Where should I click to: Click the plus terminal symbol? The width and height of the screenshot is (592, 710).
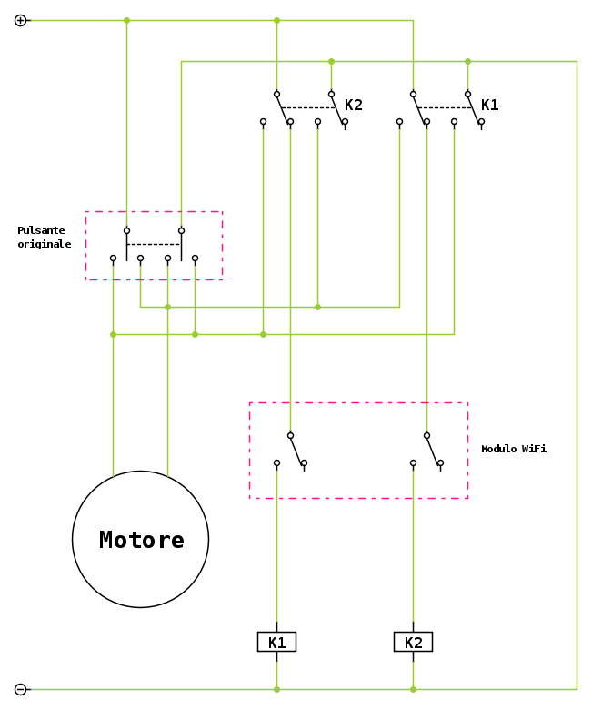(x=20, y=20)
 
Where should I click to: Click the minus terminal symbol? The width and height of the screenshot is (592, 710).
(x=20, y=689)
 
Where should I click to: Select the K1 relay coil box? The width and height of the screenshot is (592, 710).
(x=276, y=642)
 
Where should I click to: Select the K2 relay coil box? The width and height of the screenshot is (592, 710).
(x=413, y=642)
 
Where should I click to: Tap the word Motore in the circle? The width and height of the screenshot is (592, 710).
(x=141, y=540)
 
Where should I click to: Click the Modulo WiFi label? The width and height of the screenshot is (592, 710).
(x=514, y=449)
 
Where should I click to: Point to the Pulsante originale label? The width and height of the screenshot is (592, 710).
(x=44, y=238)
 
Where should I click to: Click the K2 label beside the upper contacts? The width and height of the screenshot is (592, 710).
(x=353, y=105)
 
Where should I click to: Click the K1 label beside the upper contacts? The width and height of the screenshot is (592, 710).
(x=489, y=105)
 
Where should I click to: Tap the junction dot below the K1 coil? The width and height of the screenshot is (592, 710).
(x=276, y=689)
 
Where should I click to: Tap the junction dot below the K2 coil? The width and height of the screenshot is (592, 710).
(x=413, y=689)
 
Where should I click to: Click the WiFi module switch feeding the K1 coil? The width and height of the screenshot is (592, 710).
(x=296, y=449)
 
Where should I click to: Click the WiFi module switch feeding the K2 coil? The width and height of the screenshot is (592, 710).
(x=432, y=449)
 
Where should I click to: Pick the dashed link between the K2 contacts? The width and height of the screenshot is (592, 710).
(x=309, y=107)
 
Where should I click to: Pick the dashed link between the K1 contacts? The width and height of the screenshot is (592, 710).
(x=446, y=107)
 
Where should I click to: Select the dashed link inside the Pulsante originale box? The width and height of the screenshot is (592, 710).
(x=154, y=244)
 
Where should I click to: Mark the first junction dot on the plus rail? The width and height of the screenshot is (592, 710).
(x=126, y=20)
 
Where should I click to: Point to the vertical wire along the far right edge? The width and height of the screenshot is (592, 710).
(x=577, y=364)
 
